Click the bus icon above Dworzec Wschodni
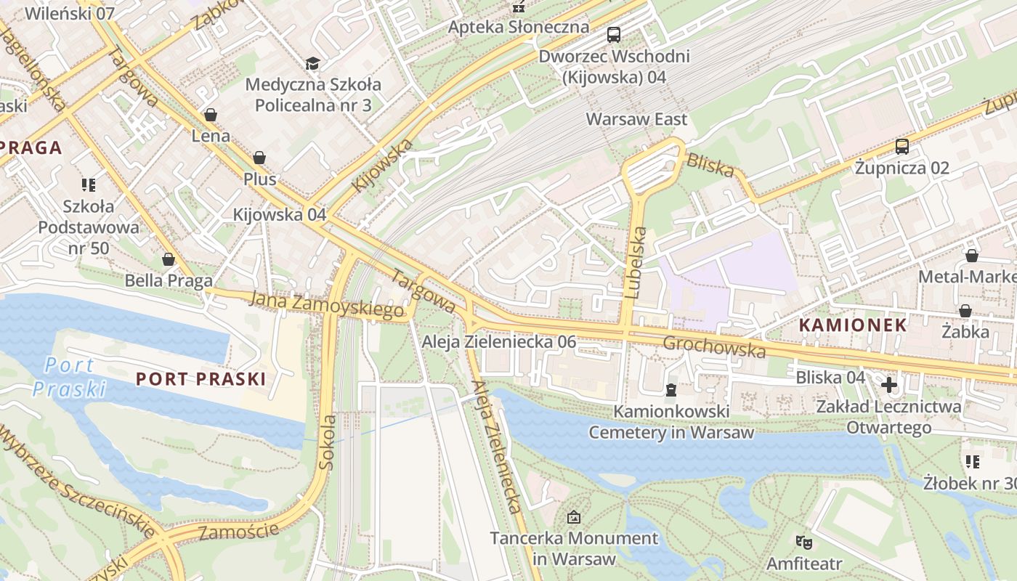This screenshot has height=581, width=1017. point(614,34)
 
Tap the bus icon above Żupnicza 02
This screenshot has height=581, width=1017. point(902,147)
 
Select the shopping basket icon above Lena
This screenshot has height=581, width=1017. point(211,115)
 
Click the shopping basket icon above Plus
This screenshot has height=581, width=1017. point(259,158)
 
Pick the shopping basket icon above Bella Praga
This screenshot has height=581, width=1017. point(169,259)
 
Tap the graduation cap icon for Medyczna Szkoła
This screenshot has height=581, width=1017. point(312,64)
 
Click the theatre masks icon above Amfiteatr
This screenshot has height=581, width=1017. point(803,542)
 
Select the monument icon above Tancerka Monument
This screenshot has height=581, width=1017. point(574,517)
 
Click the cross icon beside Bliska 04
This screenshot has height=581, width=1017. point(889,384)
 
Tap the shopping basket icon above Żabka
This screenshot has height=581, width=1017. point(965,312)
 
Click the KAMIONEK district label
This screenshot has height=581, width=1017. point(853,325)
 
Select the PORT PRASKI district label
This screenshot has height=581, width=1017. point(201,378)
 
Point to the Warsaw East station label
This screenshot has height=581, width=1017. point(636,119)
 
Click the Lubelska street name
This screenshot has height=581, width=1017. point(635,263)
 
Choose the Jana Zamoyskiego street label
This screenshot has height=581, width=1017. point(326,304)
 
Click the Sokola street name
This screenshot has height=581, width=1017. point(328,441)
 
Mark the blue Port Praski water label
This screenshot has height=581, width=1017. point(69,377)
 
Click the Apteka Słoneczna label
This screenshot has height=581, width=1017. point(518,27)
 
